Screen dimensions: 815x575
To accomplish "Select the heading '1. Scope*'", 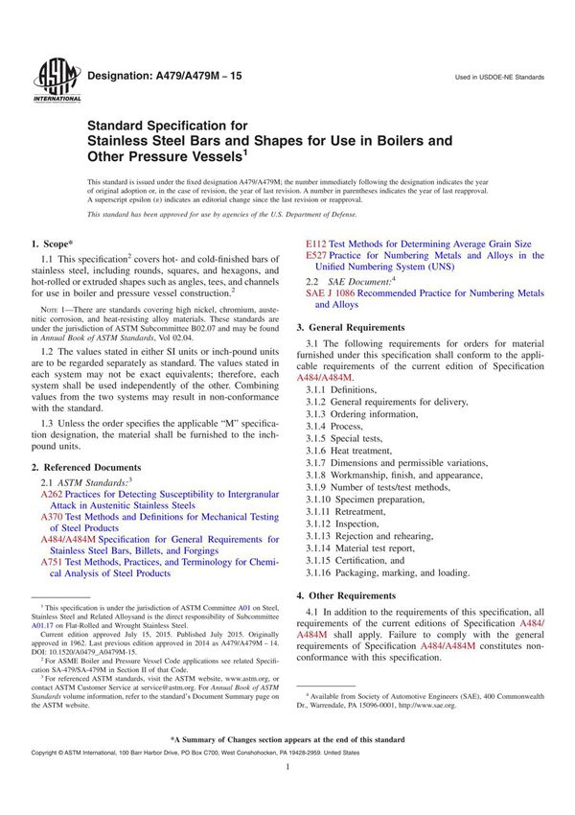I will pos(59,244).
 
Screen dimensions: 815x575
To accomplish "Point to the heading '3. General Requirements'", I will pos(374,326).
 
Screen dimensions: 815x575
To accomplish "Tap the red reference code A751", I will pos(54,562).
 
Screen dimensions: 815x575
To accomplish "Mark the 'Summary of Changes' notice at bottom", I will pos(287,740).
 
